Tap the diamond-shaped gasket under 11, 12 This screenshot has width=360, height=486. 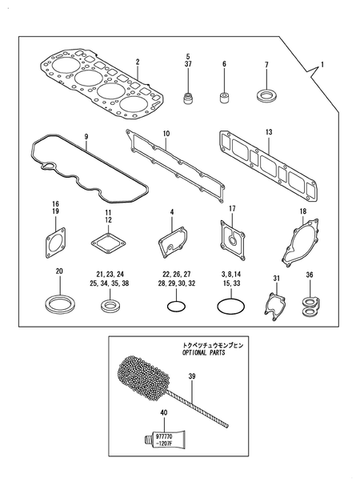[x=106, y=244]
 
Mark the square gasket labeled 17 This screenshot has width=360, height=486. [x=232, y=243]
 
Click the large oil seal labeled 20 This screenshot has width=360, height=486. [x=58, y=304]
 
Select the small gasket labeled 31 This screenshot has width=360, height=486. [x=274, y=306]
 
